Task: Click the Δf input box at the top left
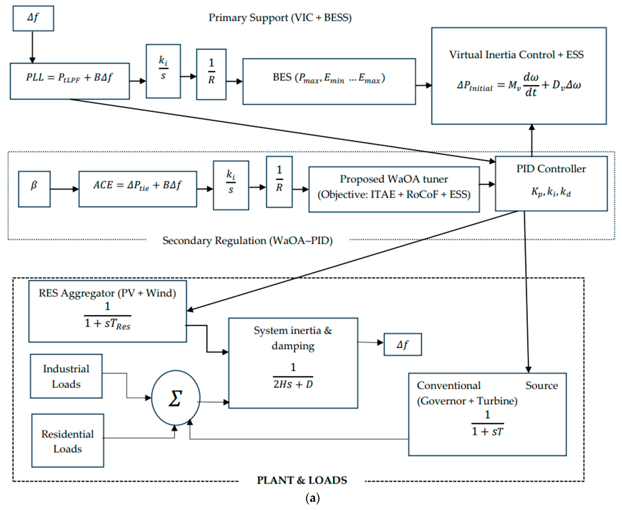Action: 33,18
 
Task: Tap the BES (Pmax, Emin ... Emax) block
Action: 329,81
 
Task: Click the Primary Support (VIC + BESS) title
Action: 280,18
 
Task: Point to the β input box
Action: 34,189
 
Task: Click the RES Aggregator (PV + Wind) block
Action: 107,311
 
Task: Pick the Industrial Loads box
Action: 66,376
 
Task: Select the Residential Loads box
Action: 67,441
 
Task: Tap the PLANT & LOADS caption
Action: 302,480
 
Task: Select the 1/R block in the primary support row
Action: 211,74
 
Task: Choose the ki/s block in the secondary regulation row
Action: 231,185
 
